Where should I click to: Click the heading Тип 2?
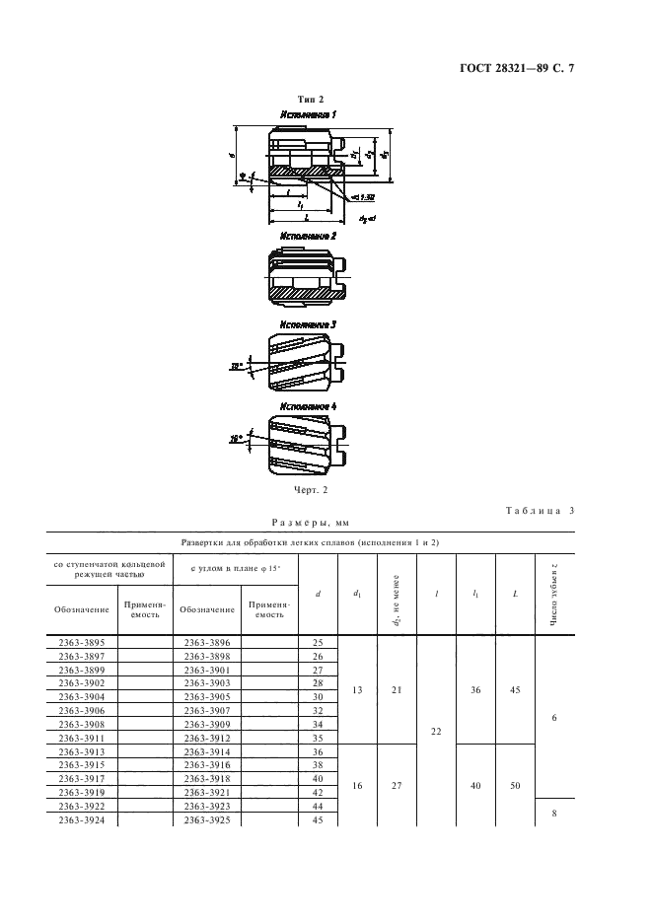tap(311, 99)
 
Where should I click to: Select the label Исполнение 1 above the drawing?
tap(308, 115)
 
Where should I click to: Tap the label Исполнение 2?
tap(308, 238)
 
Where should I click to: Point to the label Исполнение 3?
tap(308, 323)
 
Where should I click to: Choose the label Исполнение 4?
tap(308, 405)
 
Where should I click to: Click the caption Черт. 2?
tap(310, 488)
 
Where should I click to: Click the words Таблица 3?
tap(540, 511)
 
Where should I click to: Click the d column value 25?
tap(318, 641)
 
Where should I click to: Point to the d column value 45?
tap(318, 819)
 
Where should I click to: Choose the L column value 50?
tap(515, 785)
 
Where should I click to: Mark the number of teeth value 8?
tap(554, 813)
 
